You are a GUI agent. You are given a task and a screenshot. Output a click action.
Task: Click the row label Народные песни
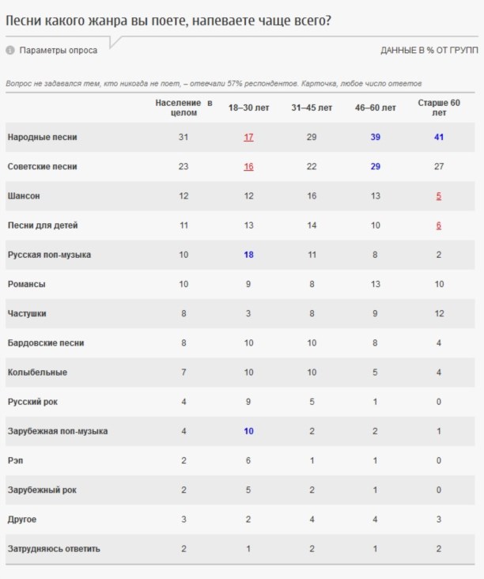click(42, 138)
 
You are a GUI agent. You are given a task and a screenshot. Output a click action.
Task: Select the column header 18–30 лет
click(248, 108)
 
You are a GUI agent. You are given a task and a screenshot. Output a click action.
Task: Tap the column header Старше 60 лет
click(438, 108)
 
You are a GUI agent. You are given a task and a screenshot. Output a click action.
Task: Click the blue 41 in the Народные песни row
click(438, 138)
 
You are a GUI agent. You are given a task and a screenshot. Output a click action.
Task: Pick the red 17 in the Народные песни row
click(248, 138)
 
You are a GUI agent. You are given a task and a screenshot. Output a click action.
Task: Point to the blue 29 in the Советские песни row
click(375, 167)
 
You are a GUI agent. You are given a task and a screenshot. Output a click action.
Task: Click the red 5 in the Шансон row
click(438, 196)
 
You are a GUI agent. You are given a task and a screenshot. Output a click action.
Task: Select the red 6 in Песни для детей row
click(438, 225)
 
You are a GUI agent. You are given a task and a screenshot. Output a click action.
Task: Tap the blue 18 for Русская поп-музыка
click(248, 255)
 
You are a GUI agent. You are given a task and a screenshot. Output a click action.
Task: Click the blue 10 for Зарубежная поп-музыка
click(248, 431)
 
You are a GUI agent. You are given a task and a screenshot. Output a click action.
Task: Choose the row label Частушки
click(27, 314)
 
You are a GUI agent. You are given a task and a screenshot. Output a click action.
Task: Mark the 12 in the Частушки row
click(438, 314)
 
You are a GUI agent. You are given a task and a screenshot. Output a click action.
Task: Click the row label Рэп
click(15, 460)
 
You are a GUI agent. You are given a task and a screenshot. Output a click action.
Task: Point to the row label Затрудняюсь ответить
click(54, 549)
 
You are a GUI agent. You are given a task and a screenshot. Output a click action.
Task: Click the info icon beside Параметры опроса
click(10, 51)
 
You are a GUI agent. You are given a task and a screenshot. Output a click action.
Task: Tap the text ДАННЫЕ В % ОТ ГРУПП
click(429, 51)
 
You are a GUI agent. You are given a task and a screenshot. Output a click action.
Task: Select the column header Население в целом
click(183, 108)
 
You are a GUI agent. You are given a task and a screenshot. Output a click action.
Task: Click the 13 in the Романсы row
click(375, 284)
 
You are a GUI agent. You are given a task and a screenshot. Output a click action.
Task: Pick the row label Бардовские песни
click(46, 343)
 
